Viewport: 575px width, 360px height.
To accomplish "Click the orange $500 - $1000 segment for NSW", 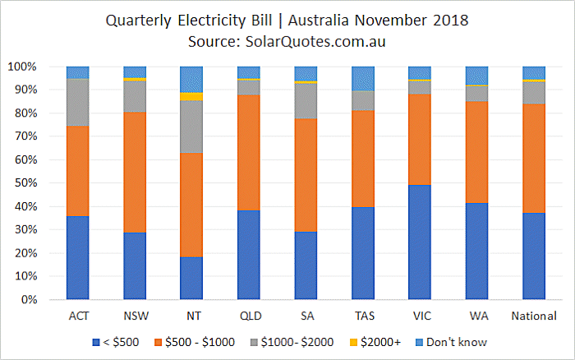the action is click(x=135, y=172).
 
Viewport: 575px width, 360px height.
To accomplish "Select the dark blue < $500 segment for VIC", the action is click(x=420, y=242).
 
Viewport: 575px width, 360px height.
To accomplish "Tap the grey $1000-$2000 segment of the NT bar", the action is click(x=191, y=127).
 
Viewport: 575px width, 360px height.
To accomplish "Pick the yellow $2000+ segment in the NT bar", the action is click(x=191, y=96).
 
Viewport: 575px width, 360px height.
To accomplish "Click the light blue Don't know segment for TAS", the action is click(x=363, y=79).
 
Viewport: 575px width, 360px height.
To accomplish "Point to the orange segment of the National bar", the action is click(x=534, y=159).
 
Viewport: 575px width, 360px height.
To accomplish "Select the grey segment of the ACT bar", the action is click(x=78, y=103).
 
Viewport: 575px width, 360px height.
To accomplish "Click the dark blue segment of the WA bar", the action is click(x=476, y=252).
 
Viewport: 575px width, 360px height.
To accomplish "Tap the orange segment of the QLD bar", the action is click(x=249, y=153).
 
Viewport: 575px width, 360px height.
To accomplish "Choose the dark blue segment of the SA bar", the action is click(x=306, y=265).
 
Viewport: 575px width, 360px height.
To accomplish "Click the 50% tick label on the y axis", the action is click(x=26, y=182).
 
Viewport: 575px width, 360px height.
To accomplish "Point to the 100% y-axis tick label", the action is click(x=22, y=67).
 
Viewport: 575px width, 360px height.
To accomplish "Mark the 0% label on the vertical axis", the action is click(x=30, y=300).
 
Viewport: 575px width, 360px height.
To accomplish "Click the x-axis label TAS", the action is click(x=365, y=316).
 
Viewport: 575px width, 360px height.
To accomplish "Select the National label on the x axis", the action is click(x=534, y=316).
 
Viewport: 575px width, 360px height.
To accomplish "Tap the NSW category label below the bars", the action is click(x=136, y=316).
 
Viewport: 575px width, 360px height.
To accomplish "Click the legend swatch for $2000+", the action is click(x=353, y=343).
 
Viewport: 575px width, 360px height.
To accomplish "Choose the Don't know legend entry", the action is click(x=452, y=343).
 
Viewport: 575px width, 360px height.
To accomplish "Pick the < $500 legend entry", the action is click(x=116, y=343).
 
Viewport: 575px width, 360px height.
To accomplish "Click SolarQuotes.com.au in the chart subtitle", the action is click(x=315, y=41).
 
